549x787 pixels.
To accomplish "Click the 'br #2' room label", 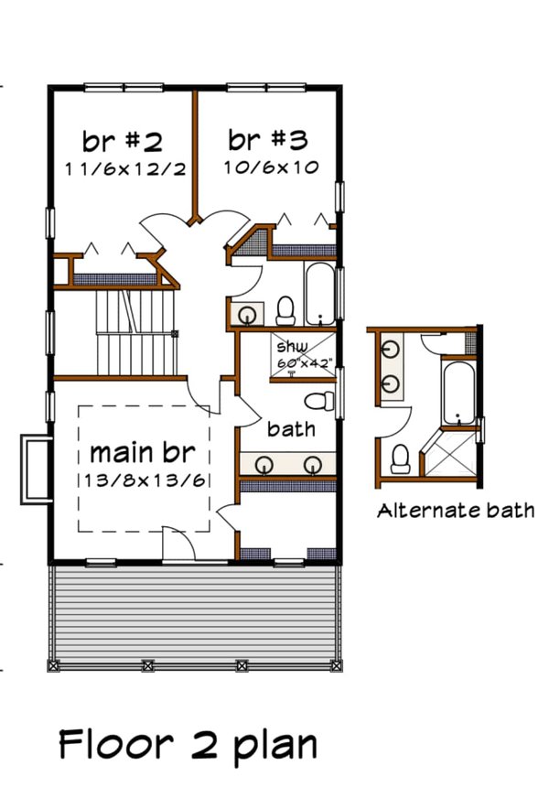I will tap(123, 142).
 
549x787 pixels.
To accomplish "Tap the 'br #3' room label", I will tap(267, 140).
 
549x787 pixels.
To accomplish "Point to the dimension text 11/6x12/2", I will tap(124, 169).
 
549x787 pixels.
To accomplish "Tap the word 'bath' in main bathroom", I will tap(291, 428).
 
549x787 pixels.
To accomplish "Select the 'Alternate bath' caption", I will tap(455, 511).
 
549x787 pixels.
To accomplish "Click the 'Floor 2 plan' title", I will tap(188, 745).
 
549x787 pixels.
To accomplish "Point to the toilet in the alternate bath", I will tap(400, 458).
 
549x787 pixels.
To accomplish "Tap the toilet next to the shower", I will tap(318, 401).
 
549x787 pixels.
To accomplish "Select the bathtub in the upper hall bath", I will tap(321, 293).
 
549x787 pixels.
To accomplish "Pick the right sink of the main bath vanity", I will tap(313, 464).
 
